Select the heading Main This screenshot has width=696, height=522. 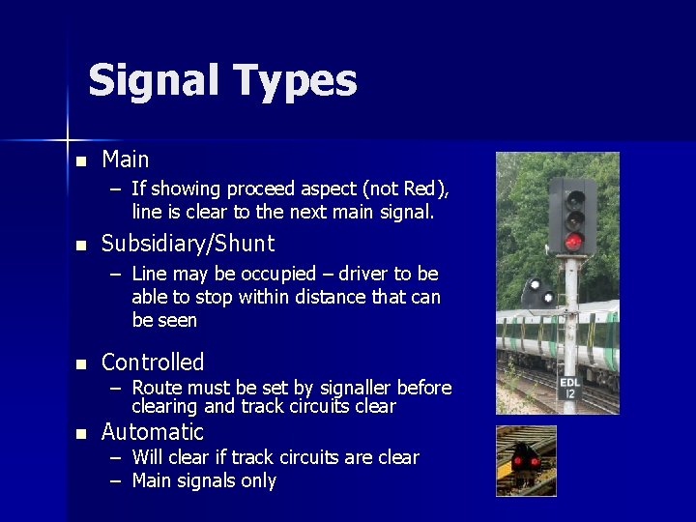pos(125,159)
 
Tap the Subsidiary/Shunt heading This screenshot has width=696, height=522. pos(188,244)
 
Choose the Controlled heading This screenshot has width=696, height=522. pos(153,362)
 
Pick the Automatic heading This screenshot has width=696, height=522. pos(153,432)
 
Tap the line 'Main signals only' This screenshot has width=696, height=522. pos(204,480)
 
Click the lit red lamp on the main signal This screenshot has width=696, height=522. pos(573,242)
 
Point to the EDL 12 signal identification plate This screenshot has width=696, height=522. pos(570,388)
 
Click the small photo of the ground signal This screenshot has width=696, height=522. pos(526,461)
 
